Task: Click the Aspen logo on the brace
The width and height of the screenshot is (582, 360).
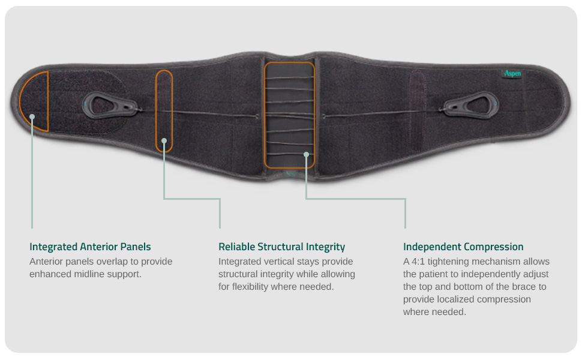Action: coord(511,73)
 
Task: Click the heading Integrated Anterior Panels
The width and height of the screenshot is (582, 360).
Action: coord(90,247)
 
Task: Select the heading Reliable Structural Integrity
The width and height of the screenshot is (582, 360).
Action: coord(282,247)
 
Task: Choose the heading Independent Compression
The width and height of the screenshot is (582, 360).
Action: coord(463,247)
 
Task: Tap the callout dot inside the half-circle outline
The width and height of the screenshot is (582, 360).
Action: coord(32,116)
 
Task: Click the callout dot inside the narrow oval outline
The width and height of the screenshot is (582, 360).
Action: coord(164,140)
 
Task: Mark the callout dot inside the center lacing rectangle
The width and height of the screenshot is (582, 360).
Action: coord(306,154)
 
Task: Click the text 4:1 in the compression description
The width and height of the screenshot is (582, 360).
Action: coord(418,262)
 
